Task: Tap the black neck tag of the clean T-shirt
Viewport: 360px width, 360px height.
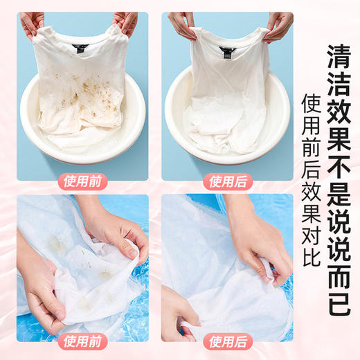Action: [226, 50]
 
